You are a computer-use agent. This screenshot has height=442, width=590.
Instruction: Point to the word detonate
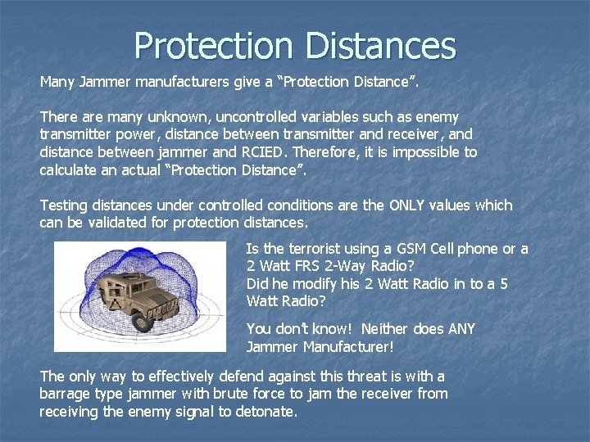point(265,411)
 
